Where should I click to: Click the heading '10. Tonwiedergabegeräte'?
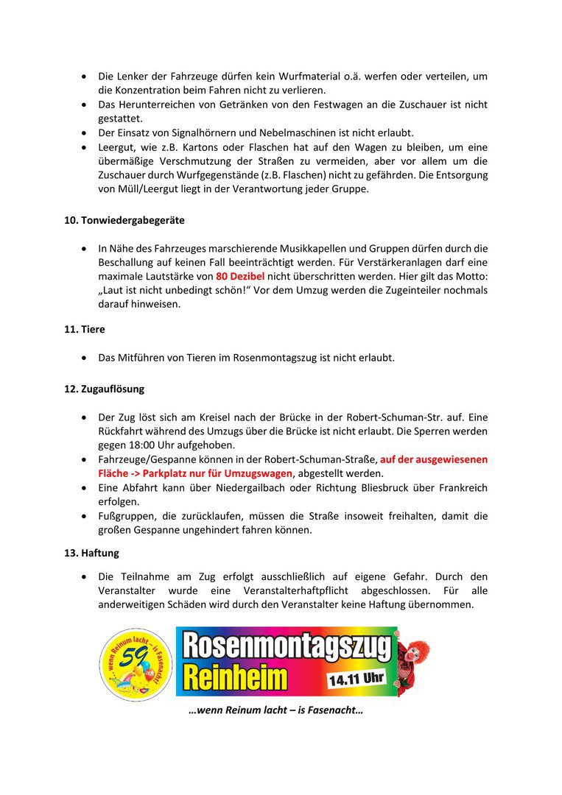pyautogui.click(x=124, y=220)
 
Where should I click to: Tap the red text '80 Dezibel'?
pyautogui.click(x=240, y=276)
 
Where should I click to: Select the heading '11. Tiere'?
pyautogui.click(x=84, y=330)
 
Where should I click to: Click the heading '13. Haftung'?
pyautogui.click(x=91, y=552)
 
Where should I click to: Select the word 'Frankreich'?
pyautogui.click(x=459, y=487)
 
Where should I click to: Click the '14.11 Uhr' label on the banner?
pyautogui.click(x=356, y=677)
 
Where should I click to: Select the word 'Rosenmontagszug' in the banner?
pyautogui.click(x=286, y=646)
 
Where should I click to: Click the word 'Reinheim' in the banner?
pyautogui.click(x=235, y=678)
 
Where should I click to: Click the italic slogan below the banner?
pyautogui.click(x=275, y=710)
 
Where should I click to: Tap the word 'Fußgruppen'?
pyautogui.click(x=126, y=516)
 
